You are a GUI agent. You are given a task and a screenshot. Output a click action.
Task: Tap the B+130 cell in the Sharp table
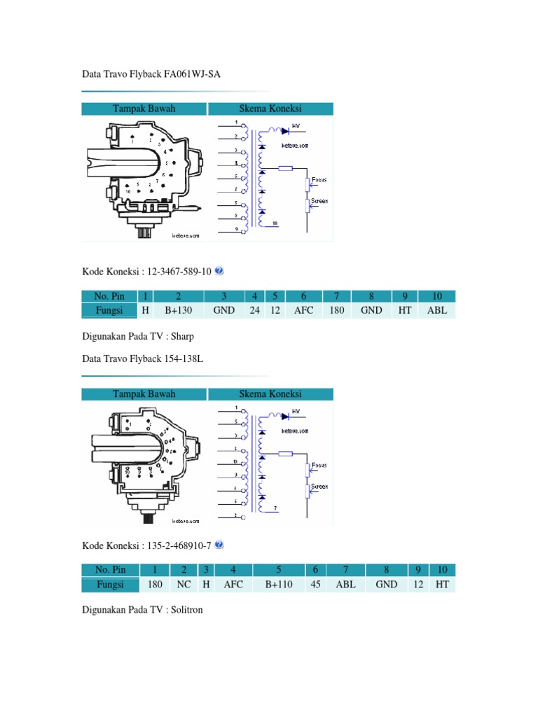(x=179, y=310)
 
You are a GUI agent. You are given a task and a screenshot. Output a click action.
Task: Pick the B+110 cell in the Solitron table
(x=279, y=584)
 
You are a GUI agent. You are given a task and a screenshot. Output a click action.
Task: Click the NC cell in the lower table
(x=183, y=584)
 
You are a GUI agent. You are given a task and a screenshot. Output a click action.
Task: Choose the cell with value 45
(x=315, y=584)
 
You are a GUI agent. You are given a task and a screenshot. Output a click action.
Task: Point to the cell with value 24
(x=255, y=310)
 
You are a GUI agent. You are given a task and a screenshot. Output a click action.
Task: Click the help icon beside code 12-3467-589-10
(x=219, y=271)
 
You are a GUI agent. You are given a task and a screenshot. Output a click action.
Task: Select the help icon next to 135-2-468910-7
(x=219, y=545)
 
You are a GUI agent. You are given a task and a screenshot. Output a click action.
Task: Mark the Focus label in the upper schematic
(x=319, y=180)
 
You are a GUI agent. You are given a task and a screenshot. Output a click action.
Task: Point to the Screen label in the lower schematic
(x=319, y=487)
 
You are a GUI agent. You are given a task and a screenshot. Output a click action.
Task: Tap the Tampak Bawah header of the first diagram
(x=144, y=109)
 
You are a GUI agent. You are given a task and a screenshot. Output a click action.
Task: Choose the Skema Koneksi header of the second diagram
(x=270, y=394)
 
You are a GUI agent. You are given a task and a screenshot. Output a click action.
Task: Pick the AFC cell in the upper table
(x=304, y=310)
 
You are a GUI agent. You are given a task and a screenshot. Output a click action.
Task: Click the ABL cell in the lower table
(x=346, y=584)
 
